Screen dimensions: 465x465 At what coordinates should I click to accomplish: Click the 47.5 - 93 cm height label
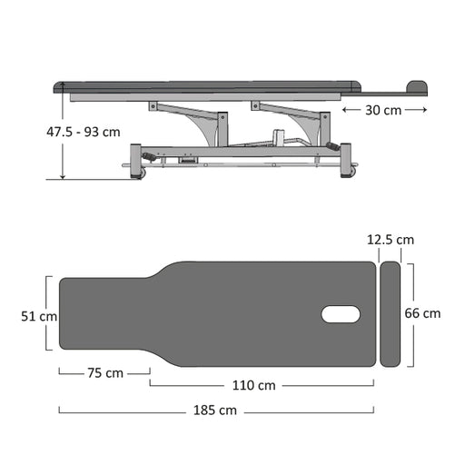point(84,132)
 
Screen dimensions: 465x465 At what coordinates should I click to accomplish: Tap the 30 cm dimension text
point(383,110)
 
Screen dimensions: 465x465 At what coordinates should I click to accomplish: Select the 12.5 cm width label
point(391,240)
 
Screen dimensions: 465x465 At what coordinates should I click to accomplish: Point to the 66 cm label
point(422,313)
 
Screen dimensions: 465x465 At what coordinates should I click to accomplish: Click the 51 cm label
point(39,316)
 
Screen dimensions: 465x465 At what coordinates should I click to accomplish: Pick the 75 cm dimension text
point(105,373)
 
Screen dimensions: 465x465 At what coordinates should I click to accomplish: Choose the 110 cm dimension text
point(254,385)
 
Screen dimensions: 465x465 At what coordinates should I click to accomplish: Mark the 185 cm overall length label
point(215,411)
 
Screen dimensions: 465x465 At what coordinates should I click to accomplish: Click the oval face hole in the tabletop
point(341,314)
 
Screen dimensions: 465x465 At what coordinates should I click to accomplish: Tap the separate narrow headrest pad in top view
point(390,314)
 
